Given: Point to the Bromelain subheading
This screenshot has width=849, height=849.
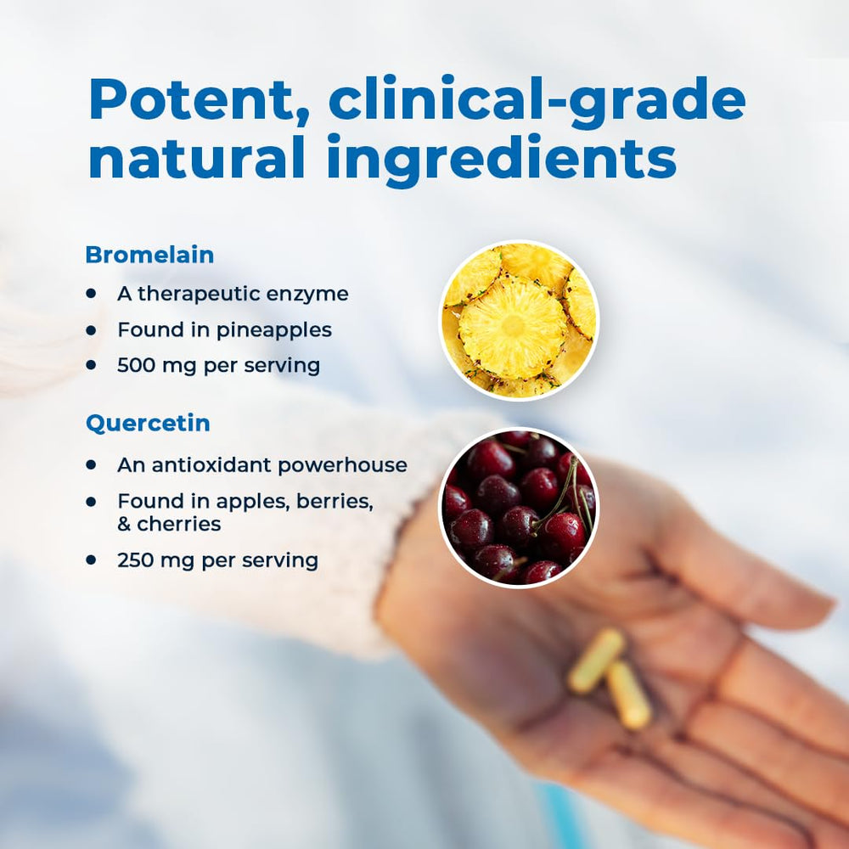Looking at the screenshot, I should coord(149,255).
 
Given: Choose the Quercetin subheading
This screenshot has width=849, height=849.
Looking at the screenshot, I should coord(148,424).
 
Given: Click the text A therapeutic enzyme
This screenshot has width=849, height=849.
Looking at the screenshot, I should coord(233,294).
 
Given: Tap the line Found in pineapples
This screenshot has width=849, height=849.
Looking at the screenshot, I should coord(224,329).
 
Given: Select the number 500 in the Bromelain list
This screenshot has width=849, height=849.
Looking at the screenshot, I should coord(136,366).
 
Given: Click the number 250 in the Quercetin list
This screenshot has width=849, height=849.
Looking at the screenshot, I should coord(136,560).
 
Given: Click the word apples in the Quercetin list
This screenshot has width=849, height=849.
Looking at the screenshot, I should coord(261,502).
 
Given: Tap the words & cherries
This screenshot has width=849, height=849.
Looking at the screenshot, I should coord(169,525).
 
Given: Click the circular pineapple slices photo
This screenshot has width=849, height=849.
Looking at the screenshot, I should coord(519,320).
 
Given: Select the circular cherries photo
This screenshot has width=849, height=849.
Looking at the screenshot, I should coord(519,507).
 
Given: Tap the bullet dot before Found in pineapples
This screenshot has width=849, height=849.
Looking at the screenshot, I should coord(91,329).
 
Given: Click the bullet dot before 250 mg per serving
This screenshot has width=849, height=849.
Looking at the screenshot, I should coord(91,560).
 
